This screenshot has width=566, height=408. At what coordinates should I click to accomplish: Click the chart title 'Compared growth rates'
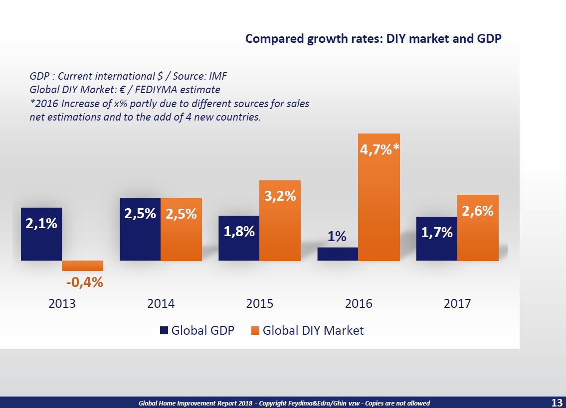(373, 39)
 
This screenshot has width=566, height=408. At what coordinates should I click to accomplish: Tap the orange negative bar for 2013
(82, 266)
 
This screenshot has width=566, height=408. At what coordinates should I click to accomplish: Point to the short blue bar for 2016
(338, 254)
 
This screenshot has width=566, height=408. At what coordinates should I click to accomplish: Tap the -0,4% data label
(84, 282)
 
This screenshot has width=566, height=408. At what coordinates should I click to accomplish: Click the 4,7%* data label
(379, 149)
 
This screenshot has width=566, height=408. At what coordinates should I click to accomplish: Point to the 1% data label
(337, 237)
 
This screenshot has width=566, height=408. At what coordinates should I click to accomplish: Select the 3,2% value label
(280, 196)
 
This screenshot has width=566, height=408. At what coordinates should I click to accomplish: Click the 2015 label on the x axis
(259, 303)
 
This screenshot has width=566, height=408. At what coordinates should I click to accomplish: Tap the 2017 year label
(457, 303)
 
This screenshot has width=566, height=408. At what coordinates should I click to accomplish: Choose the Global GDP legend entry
(197, 330)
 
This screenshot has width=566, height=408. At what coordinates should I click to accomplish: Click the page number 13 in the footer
(557, 403)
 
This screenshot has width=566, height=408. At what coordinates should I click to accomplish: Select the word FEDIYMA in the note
(165, 90)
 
